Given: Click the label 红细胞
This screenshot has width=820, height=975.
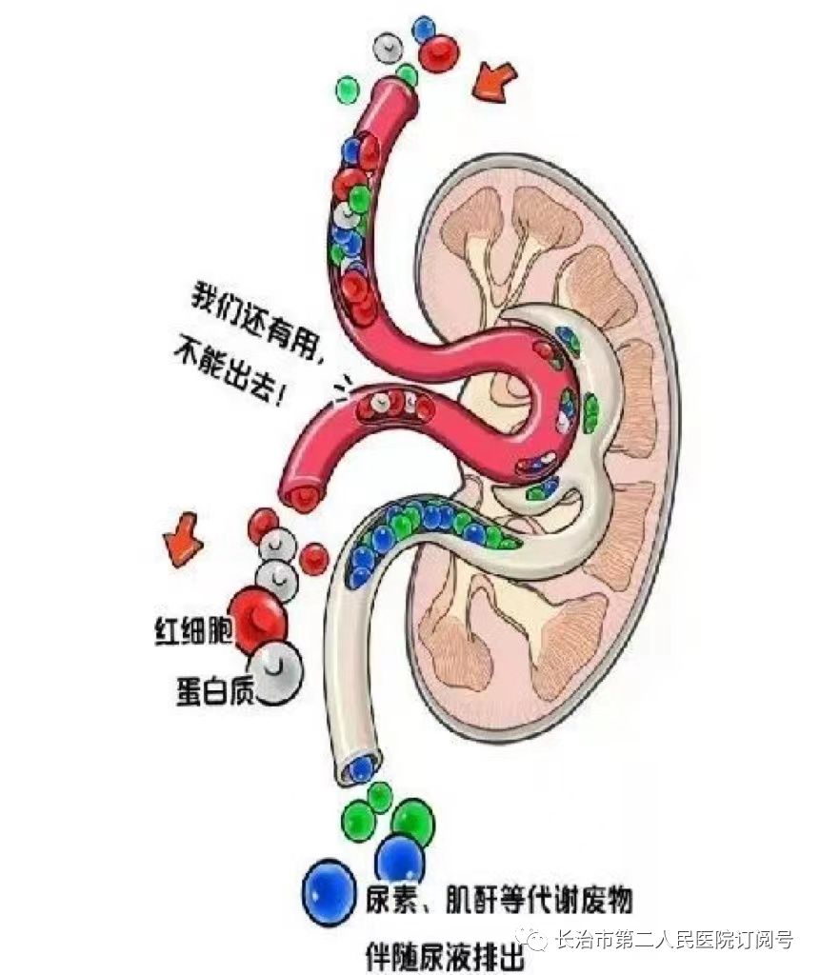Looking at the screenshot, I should pos(193,631).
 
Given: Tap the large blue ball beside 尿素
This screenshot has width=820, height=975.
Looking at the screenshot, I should pos(330,890).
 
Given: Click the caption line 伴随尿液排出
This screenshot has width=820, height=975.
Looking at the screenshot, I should pos(445,954).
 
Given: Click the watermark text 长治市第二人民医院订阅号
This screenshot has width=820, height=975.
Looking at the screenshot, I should pos(673,941).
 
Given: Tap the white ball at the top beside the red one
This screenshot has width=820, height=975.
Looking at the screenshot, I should pos(390,47).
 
